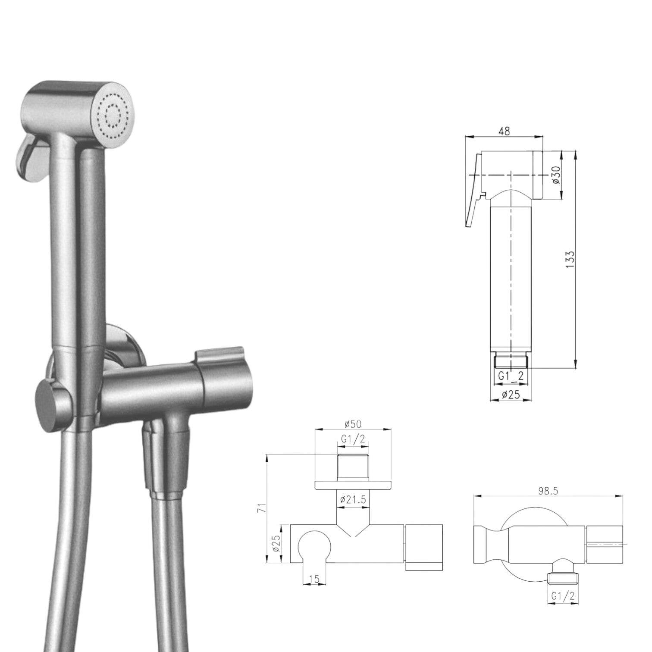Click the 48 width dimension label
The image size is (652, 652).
[504, 131]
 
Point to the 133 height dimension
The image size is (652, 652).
[570, 260]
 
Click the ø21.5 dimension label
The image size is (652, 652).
[353, 500]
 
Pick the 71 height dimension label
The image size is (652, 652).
[260, 508]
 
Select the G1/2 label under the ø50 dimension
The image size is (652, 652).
[353, 439]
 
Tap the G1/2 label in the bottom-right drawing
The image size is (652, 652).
[563, 596]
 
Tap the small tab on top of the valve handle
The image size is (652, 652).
[219, 354]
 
